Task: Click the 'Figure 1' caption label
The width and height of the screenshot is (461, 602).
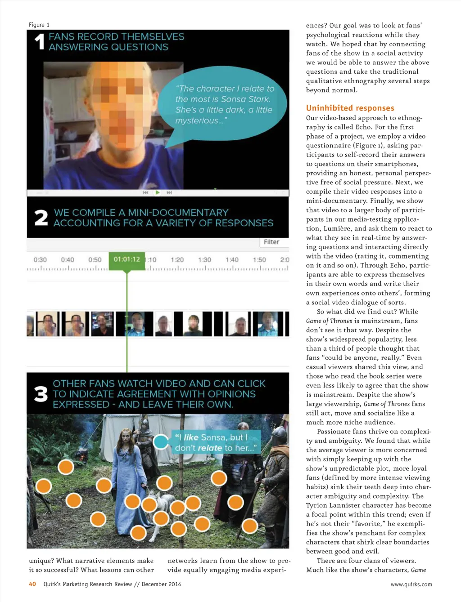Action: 39,25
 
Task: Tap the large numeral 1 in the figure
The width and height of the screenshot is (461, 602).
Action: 40,42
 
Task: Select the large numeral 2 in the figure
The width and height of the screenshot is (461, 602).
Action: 41,218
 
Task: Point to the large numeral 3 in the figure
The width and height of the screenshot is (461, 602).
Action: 41,394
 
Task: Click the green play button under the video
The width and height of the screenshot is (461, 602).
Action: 158,192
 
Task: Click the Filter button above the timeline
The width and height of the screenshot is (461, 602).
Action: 271,242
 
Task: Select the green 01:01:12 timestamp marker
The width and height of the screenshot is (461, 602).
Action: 127,259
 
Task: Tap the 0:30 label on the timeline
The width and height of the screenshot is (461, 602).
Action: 40,260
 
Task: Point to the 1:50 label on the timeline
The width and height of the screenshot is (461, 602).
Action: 259,260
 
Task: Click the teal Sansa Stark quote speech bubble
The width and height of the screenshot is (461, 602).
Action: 224,105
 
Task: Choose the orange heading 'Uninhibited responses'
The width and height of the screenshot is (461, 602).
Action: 350,108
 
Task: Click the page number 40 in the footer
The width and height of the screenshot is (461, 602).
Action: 32,584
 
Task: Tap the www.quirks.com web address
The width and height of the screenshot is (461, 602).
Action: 411,584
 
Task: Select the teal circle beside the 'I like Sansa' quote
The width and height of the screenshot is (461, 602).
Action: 161,442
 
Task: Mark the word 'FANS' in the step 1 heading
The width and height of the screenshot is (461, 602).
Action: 61,37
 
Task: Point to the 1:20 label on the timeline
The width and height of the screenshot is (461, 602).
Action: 177,260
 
